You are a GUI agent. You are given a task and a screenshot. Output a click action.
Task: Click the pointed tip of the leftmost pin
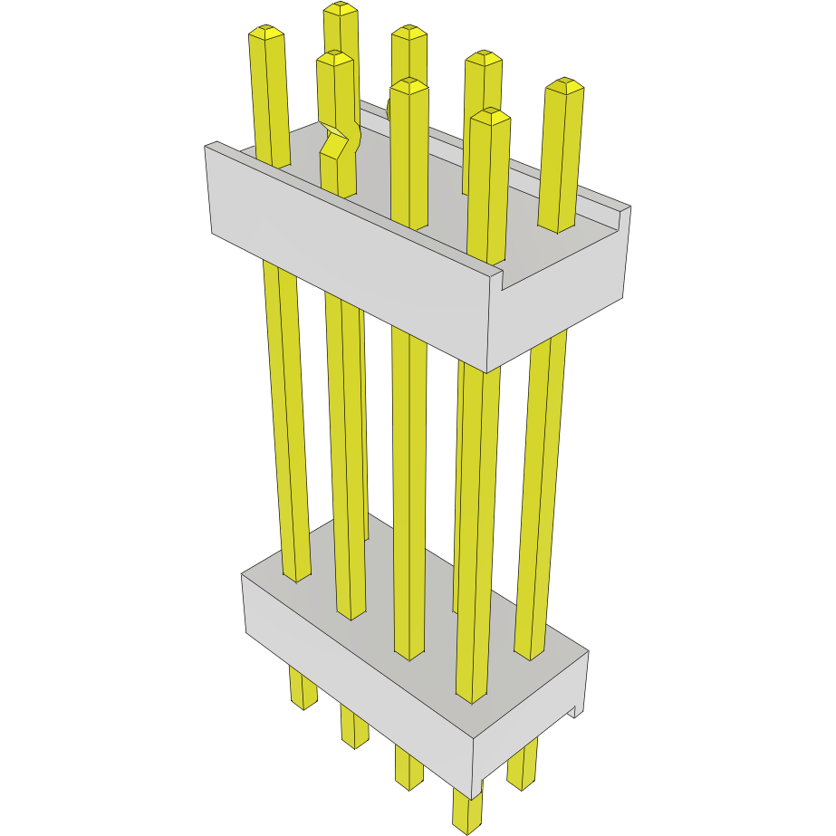pos(266,33)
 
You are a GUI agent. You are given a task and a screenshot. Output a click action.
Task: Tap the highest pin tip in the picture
pos(341,9)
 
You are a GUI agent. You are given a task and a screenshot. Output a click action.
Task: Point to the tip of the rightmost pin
pos(565,86)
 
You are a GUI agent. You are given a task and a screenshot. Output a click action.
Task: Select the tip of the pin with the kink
pos(334,58)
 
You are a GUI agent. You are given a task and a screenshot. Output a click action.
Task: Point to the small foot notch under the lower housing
pos(574,711)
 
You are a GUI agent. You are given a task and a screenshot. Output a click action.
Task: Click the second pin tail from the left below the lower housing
pos(354,729)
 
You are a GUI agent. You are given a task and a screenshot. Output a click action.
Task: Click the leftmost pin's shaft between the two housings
pos(285,408)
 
